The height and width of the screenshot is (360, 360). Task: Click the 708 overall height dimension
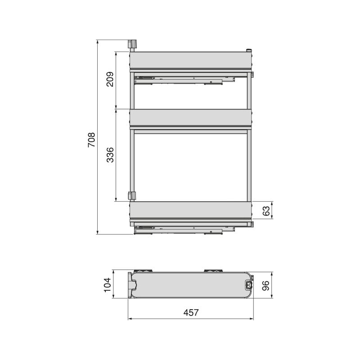click(91, 140)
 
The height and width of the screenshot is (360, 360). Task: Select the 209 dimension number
click(110, 79)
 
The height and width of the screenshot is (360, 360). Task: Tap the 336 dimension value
click(110, 155)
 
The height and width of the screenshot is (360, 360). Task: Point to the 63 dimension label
click(266, 211)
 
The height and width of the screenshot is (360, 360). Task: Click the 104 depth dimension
click(108, 285)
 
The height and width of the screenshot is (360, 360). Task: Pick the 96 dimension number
click(266, 286)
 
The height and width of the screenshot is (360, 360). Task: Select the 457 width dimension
click(191, 312)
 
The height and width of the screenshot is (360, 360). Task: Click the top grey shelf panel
click(190, 60)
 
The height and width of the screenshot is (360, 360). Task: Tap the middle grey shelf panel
click(190, 117)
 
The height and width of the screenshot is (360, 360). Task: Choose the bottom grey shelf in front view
click(190, 210)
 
